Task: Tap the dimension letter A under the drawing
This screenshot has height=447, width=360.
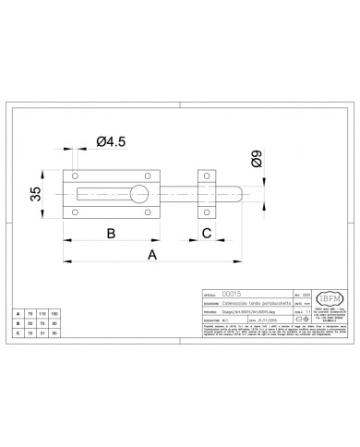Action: [151, 254]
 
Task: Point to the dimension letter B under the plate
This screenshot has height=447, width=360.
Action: [110, 233]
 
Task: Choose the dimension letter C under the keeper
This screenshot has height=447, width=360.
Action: [209, 233]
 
